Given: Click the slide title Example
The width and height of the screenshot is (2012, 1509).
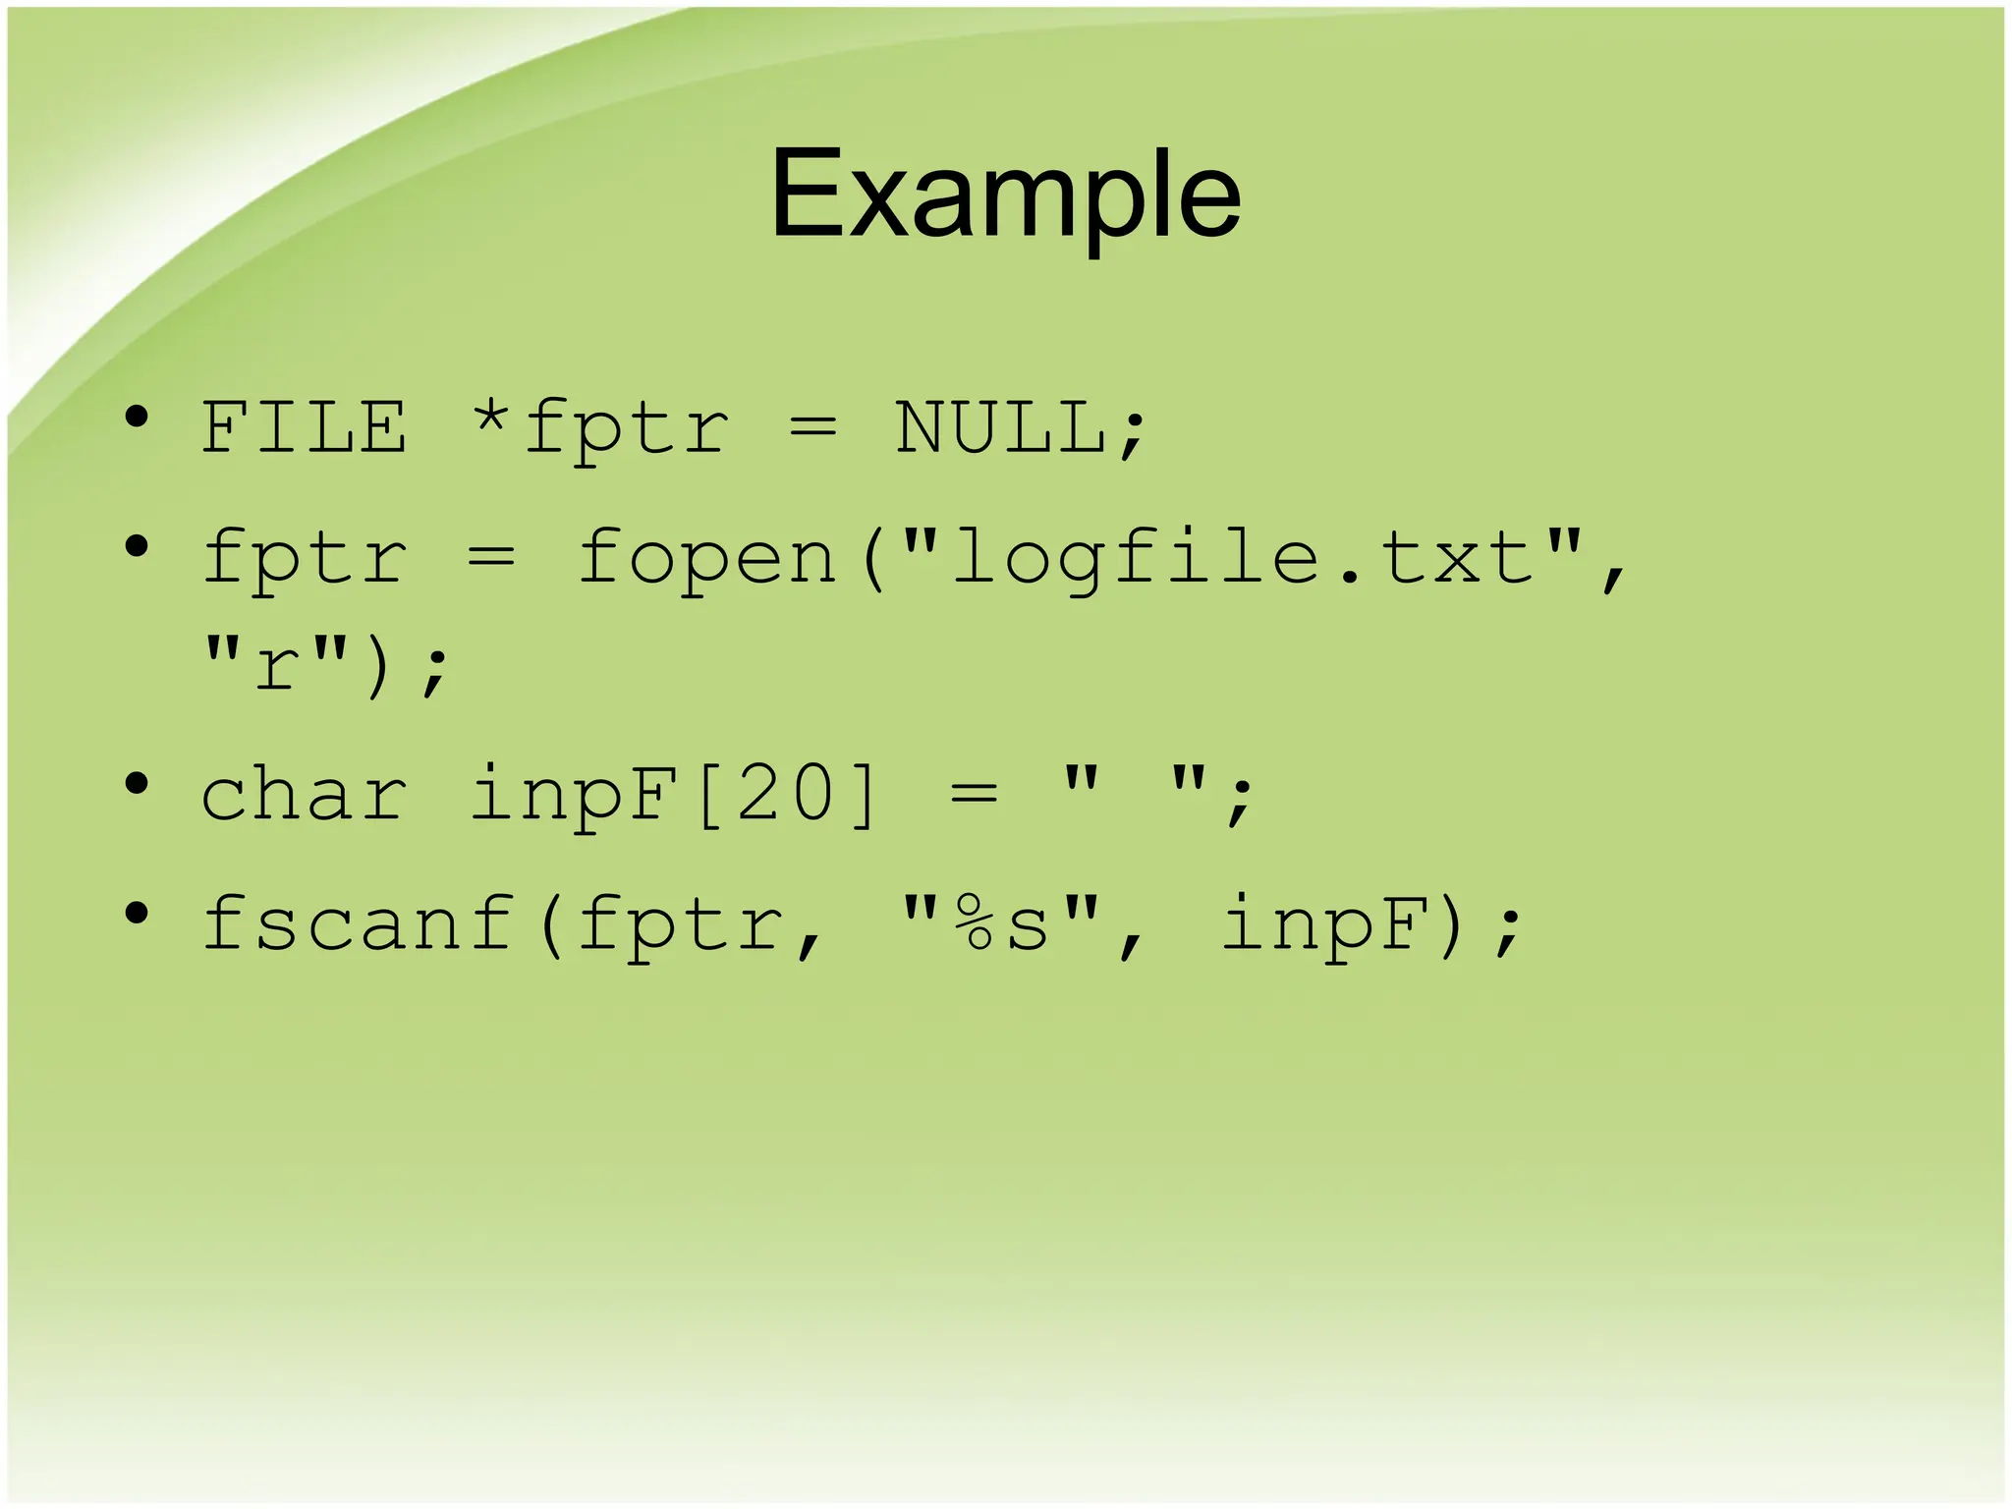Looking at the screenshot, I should pyautogui.click(x=1005, y=194).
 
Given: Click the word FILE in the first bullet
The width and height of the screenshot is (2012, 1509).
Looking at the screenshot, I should pyautogui.click(x=304, y=428).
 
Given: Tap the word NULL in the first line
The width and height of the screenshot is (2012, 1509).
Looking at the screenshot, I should pyautogui.click(x=1000, y=428).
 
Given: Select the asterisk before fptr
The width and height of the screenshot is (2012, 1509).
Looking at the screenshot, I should pyautogui.click(x=489, y=420).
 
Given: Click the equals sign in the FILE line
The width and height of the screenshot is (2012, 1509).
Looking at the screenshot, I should pyautogui.click(x=813, y=428).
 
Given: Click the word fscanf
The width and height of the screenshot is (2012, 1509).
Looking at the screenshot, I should pyautogui.click(x=358, y=925).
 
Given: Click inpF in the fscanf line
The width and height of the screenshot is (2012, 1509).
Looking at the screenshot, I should pyautogui.click(x=1324, y=925).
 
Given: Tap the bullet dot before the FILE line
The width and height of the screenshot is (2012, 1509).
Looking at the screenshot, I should pyautogui.click(x=137, y=418).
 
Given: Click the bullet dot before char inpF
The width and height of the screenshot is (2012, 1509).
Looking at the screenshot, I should pyautogui.click(x=137, y=784).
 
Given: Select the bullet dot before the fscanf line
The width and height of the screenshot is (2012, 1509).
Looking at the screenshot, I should pyautogui.click(x=137, y=914).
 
